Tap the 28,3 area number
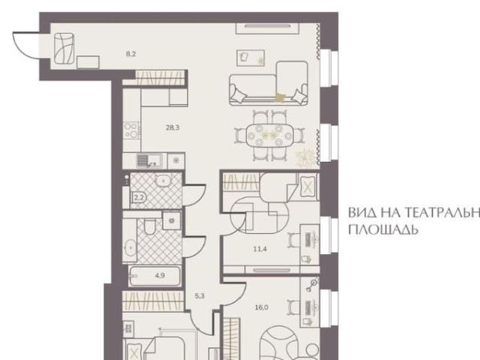(172, 127)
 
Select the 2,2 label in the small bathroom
(138, 199)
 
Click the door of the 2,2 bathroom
(191, 195)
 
